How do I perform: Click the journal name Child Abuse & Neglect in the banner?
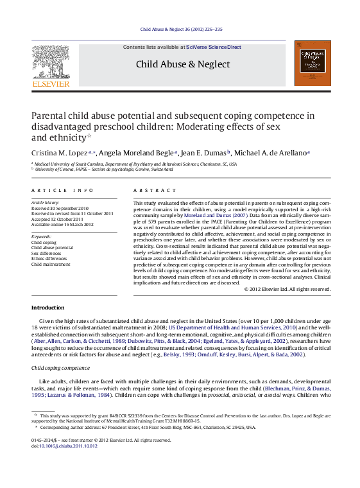(x=182, y=64)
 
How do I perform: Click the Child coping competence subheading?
(x=61, y=368)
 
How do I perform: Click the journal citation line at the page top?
(x=182, y=30)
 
